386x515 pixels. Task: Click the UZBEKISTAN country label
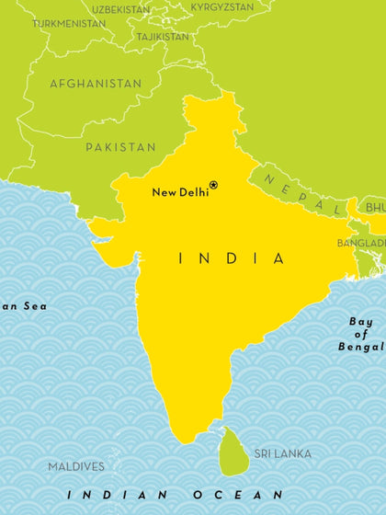click(120, 8)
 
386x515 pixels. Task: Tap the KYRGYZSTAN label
click(222, 6)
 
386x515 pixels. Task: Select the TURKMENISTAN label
click(69, 22)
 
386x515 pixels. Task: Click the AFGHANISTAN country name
click(96, 84)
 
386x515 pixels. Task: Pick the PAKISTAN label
click(120, 147)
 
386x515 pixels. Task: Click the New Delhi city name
click(179, 191)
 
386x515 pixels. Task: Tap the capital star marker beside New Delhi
click(214, 185)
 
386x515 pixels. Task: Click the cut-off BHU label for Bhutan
click(374, 209)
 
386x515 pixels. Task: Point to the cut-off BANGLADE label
click(360, 243)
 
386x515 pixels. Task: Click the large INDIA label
click(231, 259)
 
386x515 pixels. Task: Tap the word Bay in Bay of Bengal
click(362, 321)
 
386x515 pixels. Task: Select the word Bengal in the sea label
click(361, 347)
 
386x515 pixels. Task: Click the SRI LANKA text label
click(282, 453)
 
